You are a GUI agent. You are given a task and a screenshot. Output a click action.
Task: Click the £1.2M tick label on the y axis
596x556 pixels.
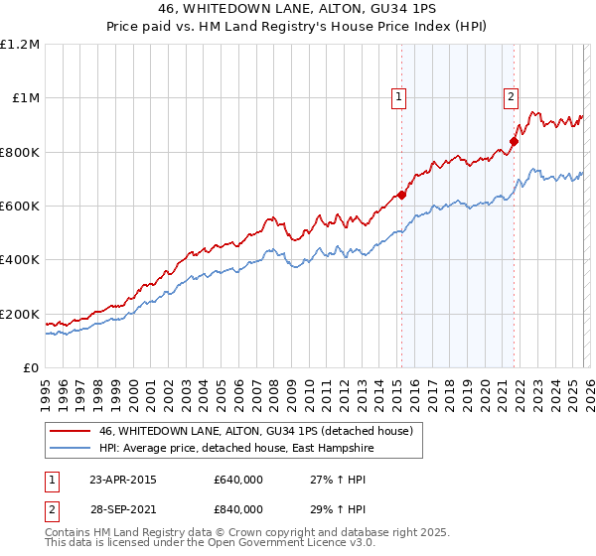[20, 44]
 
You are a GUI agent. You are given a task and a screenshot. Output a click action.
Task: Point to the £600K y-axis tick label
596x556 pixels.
[20, 206]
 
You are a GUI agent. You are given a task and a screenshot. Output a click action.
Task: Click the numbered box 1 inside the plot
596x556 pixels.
[398, 97]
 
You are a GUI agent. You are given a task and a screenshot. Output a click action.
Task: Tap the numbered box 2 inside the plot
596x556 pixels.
[511, 97]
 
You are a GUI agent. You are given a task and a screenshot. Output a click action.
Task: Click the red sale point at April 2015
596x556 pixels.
[401, 196]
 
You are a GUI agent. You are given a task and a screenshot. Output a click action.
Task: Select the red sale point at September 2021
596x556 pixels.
[515, 141]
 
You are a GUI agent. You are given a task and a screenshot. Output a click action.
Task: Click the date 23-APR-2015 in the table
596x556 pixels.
[123, 480]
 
